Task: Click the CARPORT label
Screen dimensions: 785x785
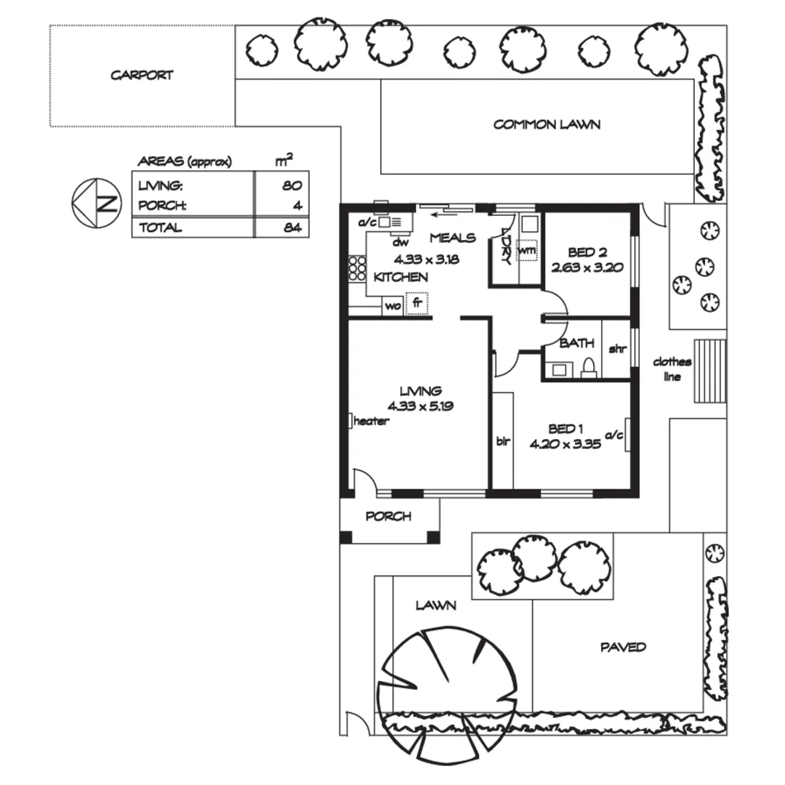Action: point(142,75)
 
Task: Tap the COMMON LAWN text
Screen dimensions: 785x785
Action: point(547,124)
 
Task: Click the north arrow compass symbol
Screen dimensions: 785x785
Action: point(97,202)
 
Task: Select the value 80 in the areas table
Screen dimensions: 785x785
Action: point(291,185)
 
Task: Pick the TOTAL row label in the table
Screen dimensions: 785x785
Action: point(161,228)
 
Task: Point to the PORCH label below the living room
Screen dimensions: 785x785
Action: point(388,516)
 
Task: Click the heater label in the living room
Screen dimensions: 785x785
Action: point(371,421)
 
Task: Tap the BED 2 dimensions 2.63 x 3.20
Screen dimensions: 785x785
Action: point(587,267)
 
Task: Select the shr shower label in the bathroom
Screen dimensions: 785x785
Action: point(617,349)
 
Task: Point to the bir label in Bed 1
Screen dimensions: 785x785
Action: point(502,440)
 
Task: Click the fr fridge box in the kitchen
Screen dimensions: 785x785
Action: point(416,303)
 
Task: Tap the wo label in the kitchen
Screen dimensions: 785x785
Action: point(392,306)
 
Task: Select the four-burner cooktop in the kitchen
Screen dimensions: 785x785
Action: point(357,269)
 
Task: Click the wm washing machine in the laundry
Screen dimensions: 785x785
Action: point(527,251)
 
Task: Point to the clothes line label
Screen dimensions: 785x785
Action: point(672,369)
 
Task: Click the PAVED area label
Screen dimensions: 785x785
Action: point(623,647)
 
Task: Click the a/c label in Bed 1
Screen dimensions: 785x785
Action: point(614,435)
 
